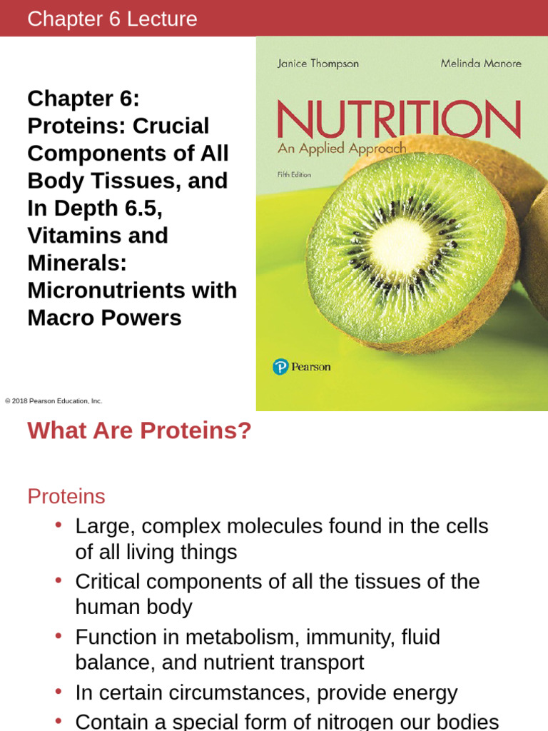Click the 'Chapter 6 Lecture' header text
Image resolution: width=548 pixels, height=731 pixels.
click(112, 19)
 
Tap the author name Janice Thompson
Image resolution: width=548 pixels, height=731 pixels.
click(318, 64)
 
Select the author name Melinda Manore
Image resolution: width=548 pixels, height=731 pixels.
click(480, 64)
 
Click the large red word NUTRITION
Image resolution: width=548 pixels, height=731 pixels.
click(398, 119)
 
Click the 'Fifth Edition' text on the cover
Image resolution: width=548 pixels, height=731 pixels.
click(294, 175)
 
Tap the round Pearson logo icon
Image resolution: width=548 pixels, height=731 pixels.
click(280, 367)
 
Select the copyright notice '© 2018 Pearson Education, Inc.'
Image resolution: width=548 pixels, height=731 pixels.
click(54, 401)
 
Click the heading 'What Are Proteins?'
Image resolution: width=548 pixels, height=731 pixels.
click(139, 431)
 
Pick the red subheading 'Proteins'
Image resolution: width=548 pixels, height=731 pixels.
click(66, 496)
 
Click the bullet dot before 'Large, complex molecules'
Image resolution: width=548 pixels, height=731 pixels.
click(59, 525)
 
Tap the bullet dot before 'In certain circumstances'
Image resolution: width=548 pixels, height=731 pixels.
click(59, 692)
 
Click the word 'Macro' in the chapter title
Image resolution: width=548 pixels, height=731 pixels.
click(60, 318)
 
